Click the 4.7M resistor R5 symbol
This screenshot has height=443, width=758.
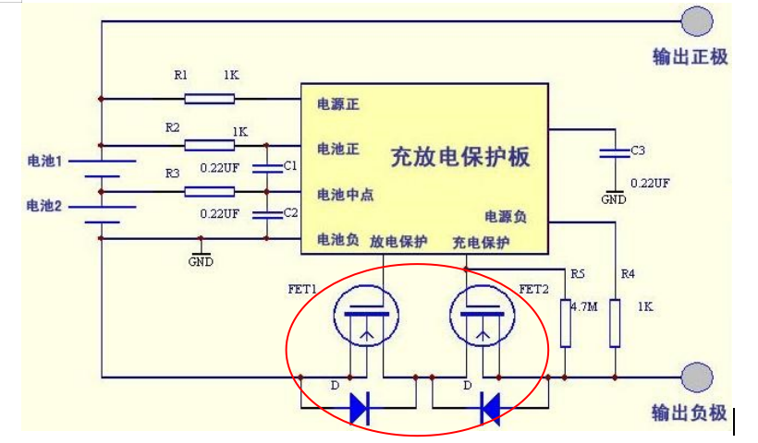coord(566,323)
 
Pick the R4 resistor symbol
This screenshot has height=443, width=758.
coord(615,323)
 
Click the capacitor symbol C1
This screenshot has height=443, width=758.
coord(266,168)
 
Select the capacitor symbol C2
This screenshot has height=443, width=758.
coord(266,214)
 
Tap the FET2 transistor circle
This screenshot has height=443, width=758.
coord(479,316)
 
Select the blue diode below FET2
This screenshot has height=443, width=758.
coord(490,407)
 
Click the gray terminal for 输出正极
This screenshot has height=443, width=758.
coord(698,21)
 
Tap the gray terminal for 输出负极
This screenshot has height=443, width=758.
coord(698,377)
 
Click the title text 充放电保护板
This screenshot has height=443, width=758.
coord(460,157)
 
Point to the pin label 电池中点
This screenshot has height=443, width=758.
coord(345,195)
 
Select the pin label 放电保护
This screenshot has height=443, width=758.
coord(398,242)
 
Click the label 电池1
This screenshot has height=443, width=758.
coord(44,162)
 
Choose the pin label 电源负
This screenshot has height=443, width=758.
coord(506,216)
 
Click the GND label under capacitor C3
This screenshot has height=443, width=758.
coord(613,198)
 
